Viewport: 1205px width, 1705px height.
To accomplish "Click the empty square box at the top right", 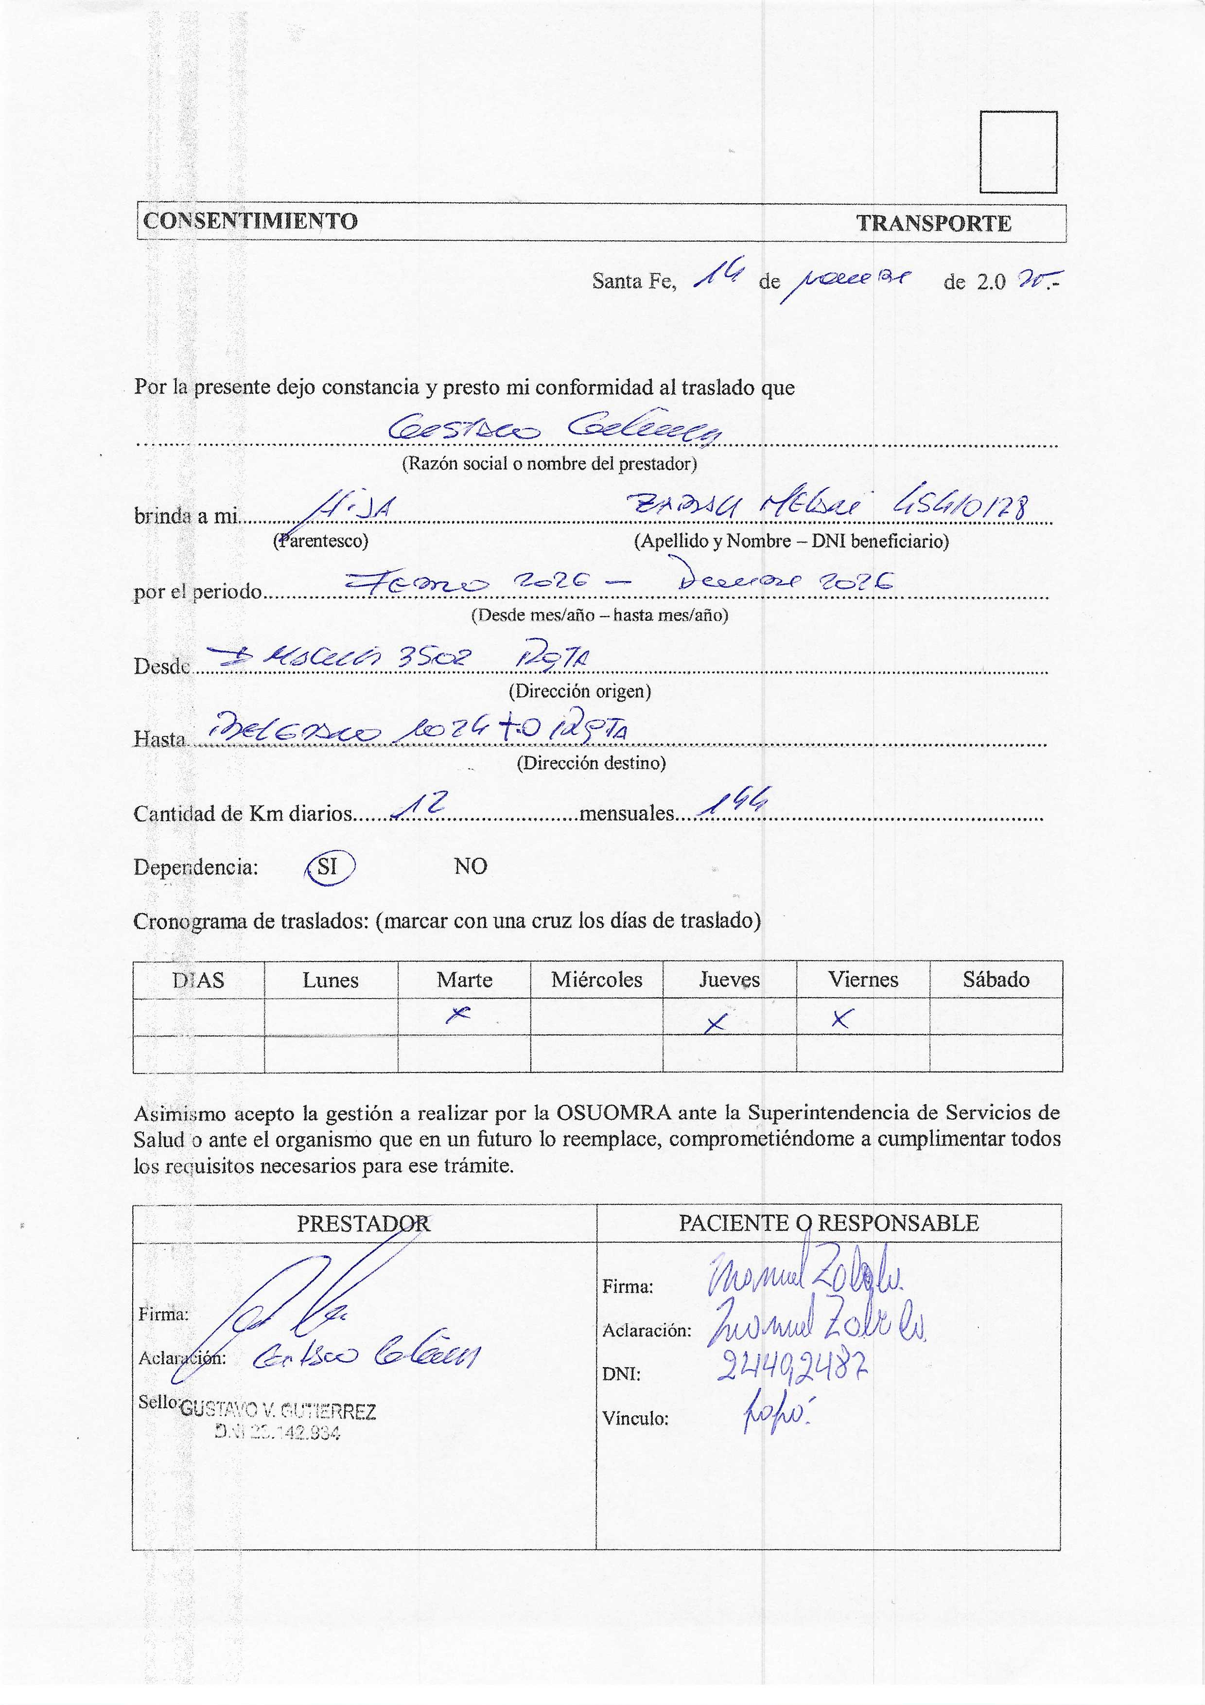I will pyautogui.click(x=1018, y=152).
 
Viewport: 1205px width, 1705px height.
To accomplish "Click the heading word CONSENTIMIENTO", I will pyautogui.click(x=250, y=221).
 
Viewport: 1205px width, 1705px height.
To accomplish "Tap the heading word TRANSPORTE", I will pyautogui.click(x=933, y=224).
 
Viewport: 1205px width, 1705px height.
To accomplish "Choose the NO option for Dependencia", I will pyautogui.click(x=471, y=867).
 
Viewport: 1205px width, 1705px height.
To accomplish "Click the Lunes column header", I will pyautogui.click(x=331, y=980).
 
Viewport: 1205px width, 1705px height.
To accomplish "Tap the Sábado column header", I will pyautogui.click(x=995, y=980).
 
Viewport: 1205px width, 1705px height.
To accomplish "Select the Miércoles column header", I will pyautogui.click(x=596, y=980).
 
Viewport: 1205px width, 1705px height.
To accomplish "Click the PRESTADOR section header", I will pyautogui.click(x=364, y=1224).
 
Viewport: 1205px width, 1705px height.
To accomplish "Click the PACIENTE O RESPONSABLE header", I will pyautogui.click(x=829, y=1223).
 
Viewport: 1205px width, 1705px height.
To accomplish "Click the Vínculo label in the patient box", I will pyautogui.click(x=635, y=1418).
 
